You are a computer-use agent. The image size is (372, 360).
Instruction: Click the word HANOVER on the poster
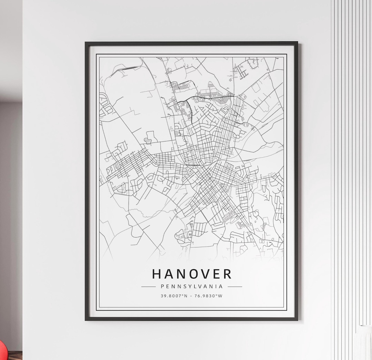click(192, 274)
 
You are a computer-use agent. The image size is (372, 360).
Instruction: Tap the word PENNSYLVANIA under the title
click(192, 286)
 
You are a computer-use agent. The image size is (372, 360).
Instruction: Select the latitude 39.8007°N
click(174, 296)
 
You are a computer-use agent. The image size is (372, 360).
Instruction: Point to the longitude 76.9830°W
click(208, 296)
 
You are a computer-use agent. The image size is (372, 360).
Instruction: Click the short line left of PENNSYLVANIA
click(148, 286)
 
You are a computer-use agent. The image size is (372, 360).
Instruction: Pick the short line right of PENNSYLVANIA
click(235, 286)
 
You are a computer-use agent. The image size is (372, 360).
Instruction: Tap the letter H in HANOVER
click(157, 274)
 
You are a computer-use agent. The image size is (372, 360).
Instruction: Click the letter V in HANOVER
click(204, 274)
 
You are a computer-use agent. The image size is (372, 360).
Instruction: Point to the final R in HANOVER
click(228, 274)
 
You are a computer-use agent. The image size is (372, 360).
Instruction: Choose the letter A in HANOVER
click(168, 274)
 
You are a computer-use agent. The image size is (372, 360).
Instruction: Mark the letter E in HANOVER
click(216, 274)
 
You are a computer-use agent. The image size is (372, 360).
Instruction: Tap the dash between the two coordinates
click(191, 296)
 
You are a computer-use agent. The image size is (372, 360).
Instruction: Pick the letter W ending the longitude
click(220, 296)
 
